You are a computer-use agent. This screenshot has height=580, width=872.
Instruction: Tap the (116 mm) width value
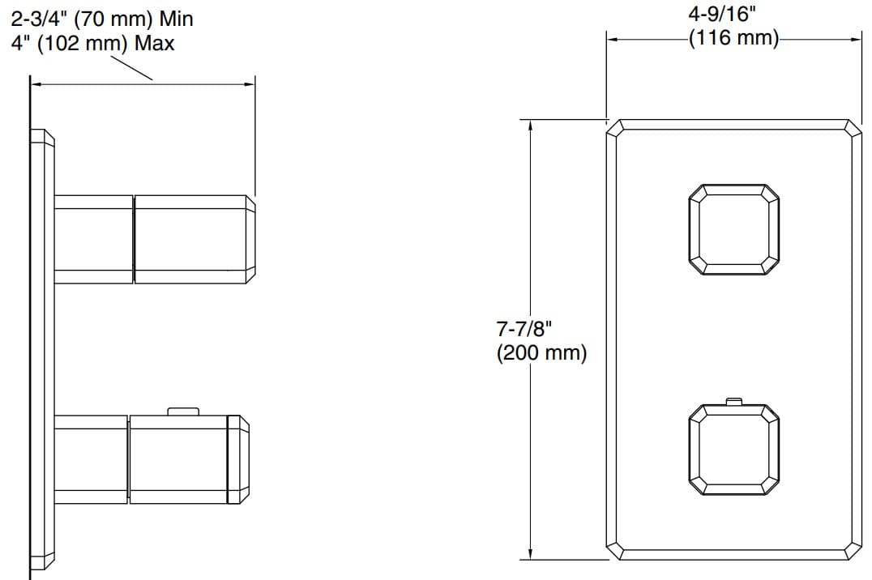[x=733, y=38]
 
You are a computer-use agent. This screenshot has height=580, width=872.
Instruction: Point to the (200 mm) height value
[x=541, y=353]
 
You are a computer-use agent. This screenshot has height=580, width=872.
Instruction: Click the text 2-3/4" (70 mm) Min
[x=101, y=18]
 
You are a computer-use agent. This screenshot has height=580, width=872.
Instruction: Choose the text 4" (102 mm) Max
[x=93, y=43]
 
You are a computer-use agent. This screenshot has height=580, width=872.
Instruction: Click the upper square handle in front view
[x=733, y=229]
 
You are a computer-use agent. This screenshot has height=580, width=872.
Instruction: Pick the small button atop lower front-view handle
[x=734, y=400]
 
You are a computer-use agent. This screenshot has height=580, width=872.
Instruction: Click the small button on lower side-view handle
[x=183, y=412]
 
